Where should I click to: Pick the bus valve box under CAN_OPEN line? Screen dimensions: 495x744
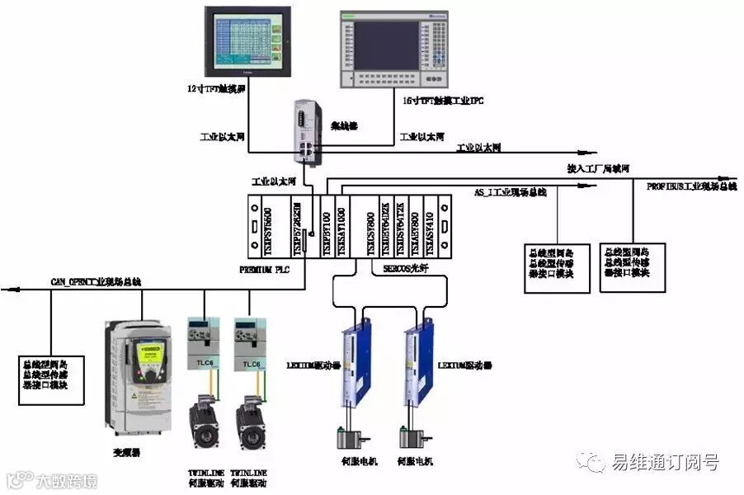[x=51, y=379]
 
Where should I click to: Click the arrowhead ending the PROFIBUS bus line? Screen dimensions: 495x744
[x=730, y=178]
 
